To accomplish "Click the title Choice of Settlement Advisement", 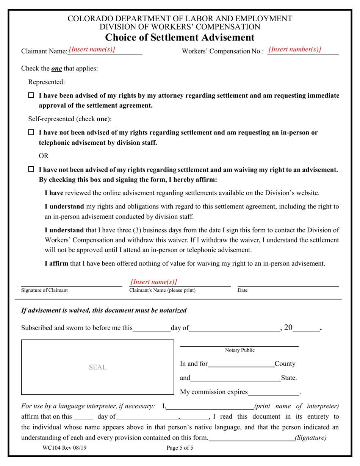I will pos(180,37).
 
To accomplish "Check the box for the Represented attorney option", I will pos(31,95).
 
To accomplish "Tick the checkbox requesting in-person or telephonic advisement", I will pos(31,133).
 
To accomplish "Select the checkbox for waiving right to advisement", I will pos(31,170).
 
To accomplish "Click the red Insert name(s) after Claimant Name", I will pos(92,49).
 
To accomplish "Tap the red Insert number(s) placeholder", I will pos(294,49).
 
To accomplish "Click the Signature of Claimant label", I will pos(45,290).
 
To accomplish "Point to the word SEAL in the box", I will pos(97,367).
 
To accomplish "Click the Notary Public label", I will pos(239,350).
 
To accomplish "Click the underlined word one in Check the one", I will pos(56,69).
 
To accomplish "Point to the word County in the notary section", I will pos(285,364).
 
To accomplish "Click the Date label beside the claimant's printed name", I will pos(243,290).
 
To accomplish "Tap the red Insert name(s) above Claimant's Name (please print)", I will pos(153,282).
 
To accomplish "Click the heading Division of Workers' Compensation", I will pos(180,27).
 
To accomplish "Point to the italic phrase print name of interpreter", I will pos(297,406).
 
